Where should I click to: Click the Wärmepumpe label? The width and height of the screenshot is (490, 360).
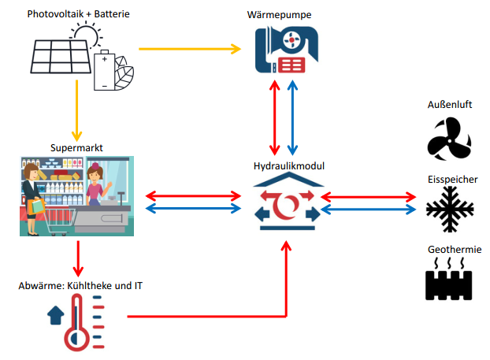(280, 13)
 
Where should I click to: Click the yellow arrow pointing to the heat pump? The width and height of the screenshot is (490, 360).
(189, 50)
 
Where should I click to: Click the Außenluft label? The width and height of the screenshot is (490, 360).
(450, 105)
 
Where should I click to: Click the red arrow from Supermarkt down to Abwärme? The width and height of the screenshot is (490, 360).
(77, 255)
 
